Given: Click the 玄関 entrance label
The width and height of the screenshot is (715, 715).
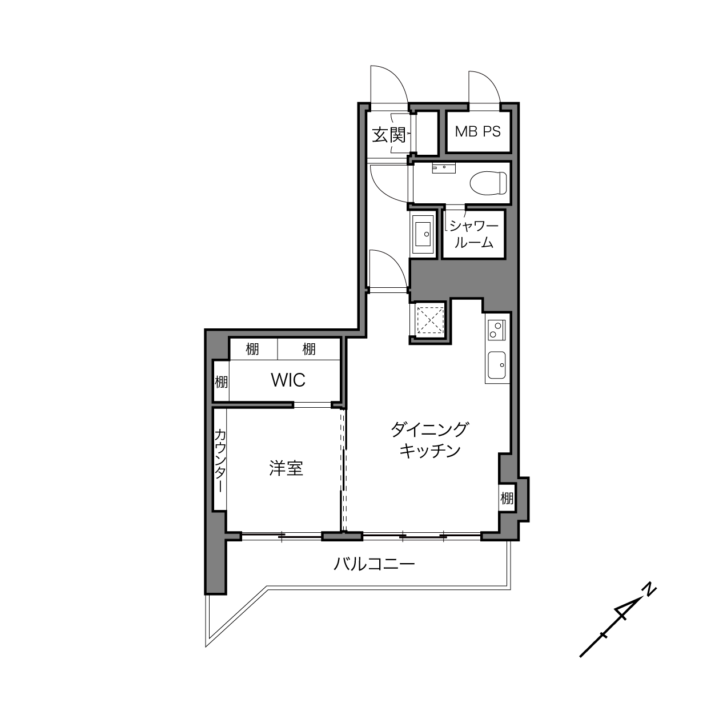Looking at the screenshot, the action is (389, 135).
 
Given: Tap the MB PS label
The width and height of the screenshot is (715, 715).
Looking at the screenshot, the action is (477, 131).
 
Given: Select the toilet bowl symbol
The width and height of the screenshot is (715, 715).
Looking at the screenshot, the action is (488, 183).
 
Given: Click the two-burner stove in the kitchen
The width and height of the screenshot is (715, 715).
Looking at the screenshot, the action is (495, 330).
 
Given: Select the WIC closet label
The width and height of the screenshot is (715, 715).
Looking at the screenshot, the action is (288, 380).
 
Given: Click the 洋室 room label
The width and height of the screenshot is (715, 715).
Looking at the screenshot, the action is (286, 469).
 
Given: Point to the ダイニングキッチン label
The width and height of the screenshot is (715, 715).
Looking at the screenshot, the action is (429, 440).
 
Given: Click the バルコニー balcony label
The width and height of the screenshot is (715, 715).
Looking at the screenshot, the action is (374, 564).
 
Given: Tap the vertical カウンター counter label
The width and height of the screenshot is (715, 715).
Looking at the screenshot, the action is (220, 460).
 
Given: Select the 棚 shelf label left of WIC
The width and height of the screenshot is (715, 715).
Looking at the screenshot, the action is (221, 382).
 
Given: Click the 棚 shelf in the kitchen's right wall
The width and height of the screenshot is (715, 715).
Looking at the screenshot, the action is (507, 498).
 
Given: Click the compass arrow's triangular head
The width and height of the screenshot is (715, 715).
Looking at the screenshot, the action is (629, 610).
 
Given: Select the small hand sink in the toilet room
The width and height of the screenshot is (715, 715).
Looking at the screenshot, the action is (443, 168).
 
